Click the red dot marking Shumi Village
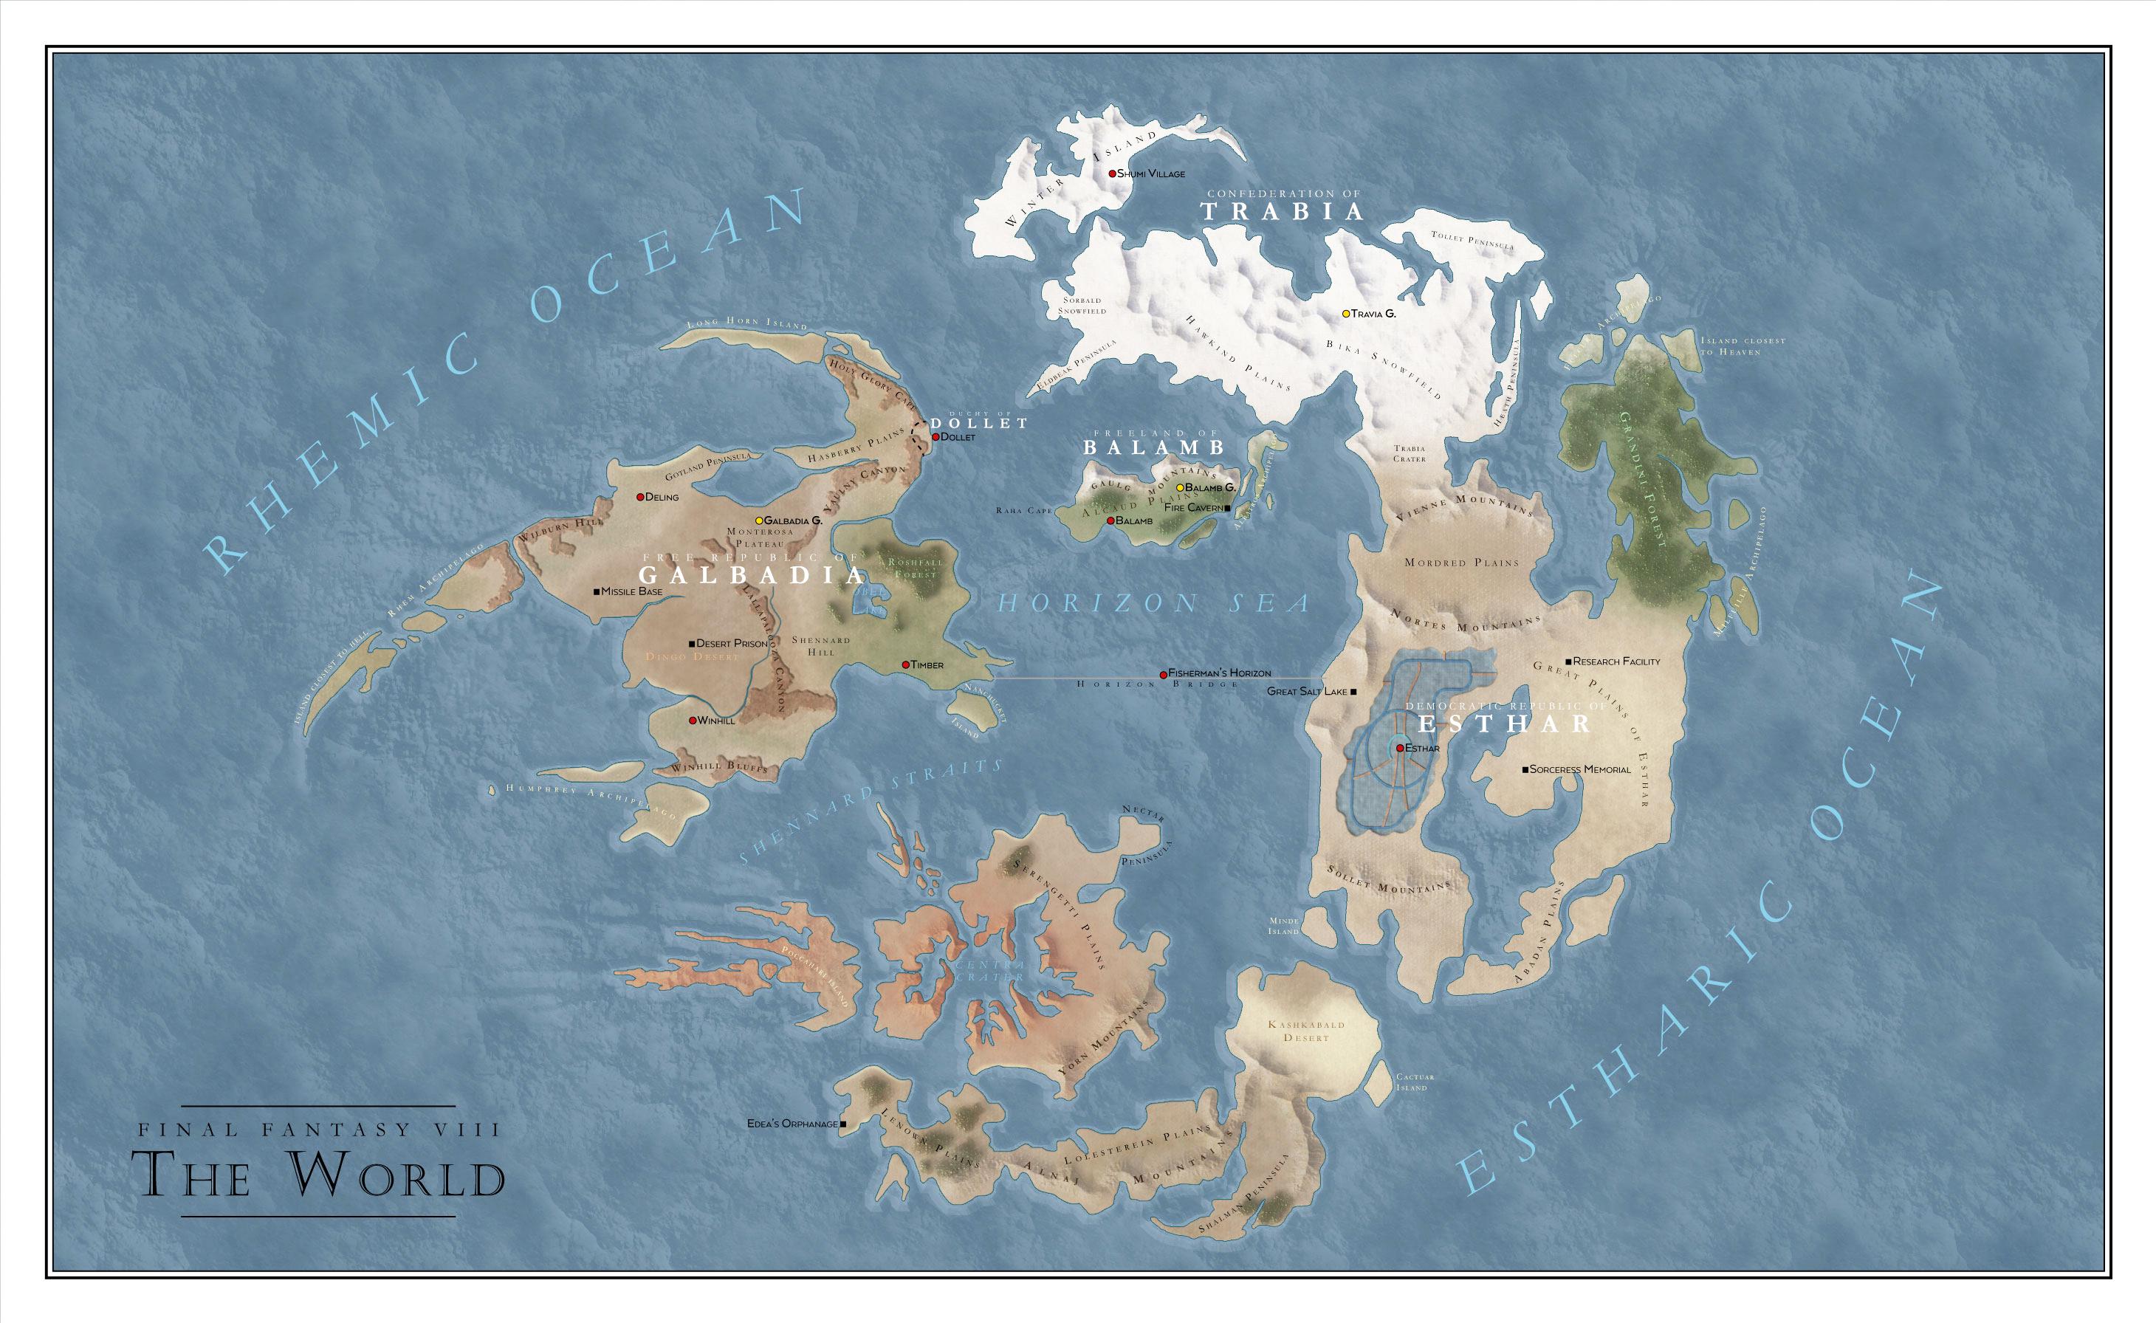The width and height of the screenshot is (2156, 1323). tap(1112, 173)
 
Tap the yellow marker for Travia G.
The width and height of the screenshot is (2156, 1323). tap(1347, 313)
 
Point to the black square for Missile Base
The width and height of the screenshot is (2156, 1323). tap(597, 591)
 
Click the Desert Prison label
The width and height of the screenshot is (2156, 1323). tap(732, 643)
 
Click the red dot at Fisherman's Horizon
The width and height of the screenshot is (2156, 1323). tap(1163, 675)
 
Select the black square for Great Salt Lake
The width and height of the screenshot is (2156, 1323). tap(1353, 692)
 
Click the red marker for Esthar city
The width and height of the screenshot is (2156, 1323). tap(1400, 748)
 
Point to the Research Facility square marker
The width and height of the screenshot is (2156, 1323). tap(1568, 661)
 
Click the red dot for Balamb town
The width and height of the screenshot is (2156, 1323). tap(1110, 520)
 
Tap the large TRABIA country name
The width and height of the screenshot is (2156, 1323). tap(1282, 211)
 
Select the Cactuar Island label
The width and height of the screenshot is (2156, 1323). tap(1412, 1082)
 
